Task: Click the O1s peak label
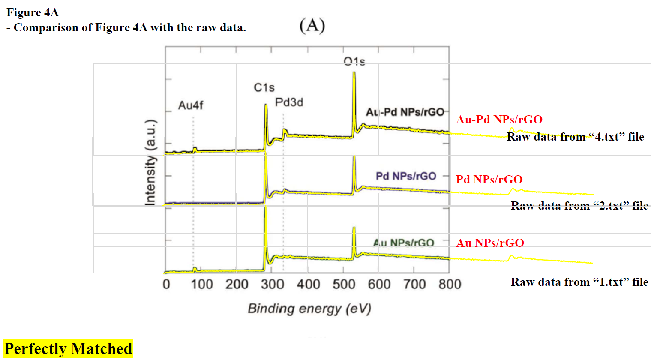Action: tap(354, 62)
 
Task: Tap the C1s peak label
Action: tap(264, 87)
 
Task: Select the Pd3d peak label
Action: tap(289, 102)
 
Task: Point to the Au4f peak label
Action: tap(191, 105)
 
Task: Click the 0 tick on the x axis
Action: tap(166, 284)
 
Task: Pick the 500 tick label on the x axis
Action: tap(344, 284)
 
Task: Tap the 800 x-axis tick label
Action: tap(450, 284)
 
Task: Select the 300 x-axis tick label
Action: tap(273, 284)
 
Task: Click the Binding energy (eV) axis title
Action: tap(309, 309)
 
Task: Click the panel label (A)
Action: tap(312, 25)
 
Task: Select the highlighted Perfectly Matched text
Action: tap(68, 349)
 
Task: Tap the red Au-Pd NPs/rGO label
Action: tap(499, 120)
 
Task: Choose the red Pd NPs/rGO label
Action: tap(489, 179)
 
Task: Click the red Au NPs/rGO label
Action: tap(490, 243)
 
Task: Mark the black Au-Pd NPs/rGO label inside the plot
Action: tap(405, 112)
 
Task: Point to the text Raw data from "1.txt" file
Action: tap(579, 282)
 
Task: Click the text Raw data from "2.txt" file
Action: tap(579, 206)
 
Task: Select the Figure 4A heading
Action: tap(33, 12)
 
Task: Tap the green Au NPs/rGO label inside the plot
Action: tap(403, 243)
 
